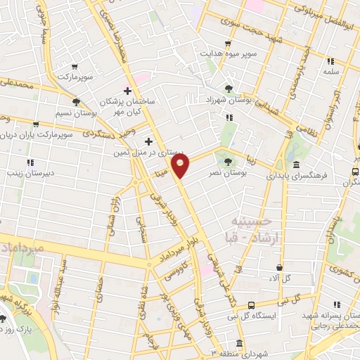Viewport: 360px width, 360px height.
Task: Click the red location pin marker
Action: click(181, 166)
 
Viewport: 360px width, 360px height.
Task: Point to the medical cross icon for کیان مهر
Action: click(127, 90)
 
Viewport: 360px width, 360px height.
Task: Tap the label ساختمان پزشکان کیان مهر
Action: click(138, 106)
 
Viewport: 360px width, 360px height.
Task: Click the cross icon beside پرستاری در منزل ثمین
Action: click(148, 141)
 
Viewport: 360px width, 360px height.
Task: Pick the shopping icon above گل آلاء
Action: click(281, 268)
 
